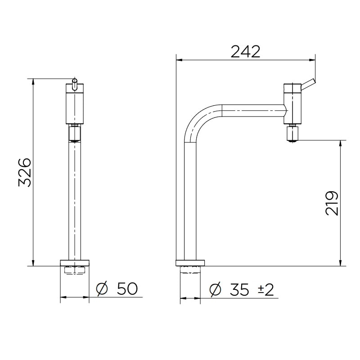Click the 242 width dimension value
[x=245, y=52]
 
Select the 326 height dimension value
[x=24, y=172]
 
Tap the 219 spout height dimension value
[x=332, y=203]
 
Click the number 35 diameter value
[x=238, y=290]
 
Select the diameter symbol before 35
[x=216, y=290]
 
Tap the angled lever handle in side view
[x=308, y=83]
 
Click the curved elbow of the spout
[x=198, y=119]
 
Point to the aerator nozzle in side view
[x=293, y=134]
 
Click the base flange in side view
[x=190, y=262]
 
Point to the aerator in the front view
[x=74, y=134]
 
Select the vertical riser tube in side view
[x=190, y=202]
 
